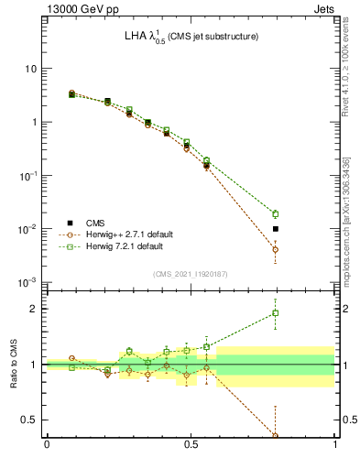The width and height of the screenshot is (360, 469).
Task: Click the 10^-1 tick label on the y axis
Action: (29, 175)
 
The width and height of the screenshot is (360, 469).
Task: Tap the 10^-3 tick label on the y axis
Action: (29, 282)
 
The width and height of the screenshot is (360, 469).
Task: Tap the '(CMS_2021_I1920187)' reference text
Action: (191, 274)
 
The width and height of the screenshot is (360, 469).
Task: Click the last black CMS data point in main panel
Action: (276, 229)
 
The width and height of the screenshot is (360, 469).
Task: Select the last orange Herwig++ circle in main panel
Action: (276, 249)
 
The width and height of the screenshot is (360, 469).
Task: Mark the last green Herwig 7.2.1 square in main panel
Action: (276, 214)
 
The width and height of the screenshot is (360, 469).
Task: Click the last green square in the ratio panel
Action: (276, 313)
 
